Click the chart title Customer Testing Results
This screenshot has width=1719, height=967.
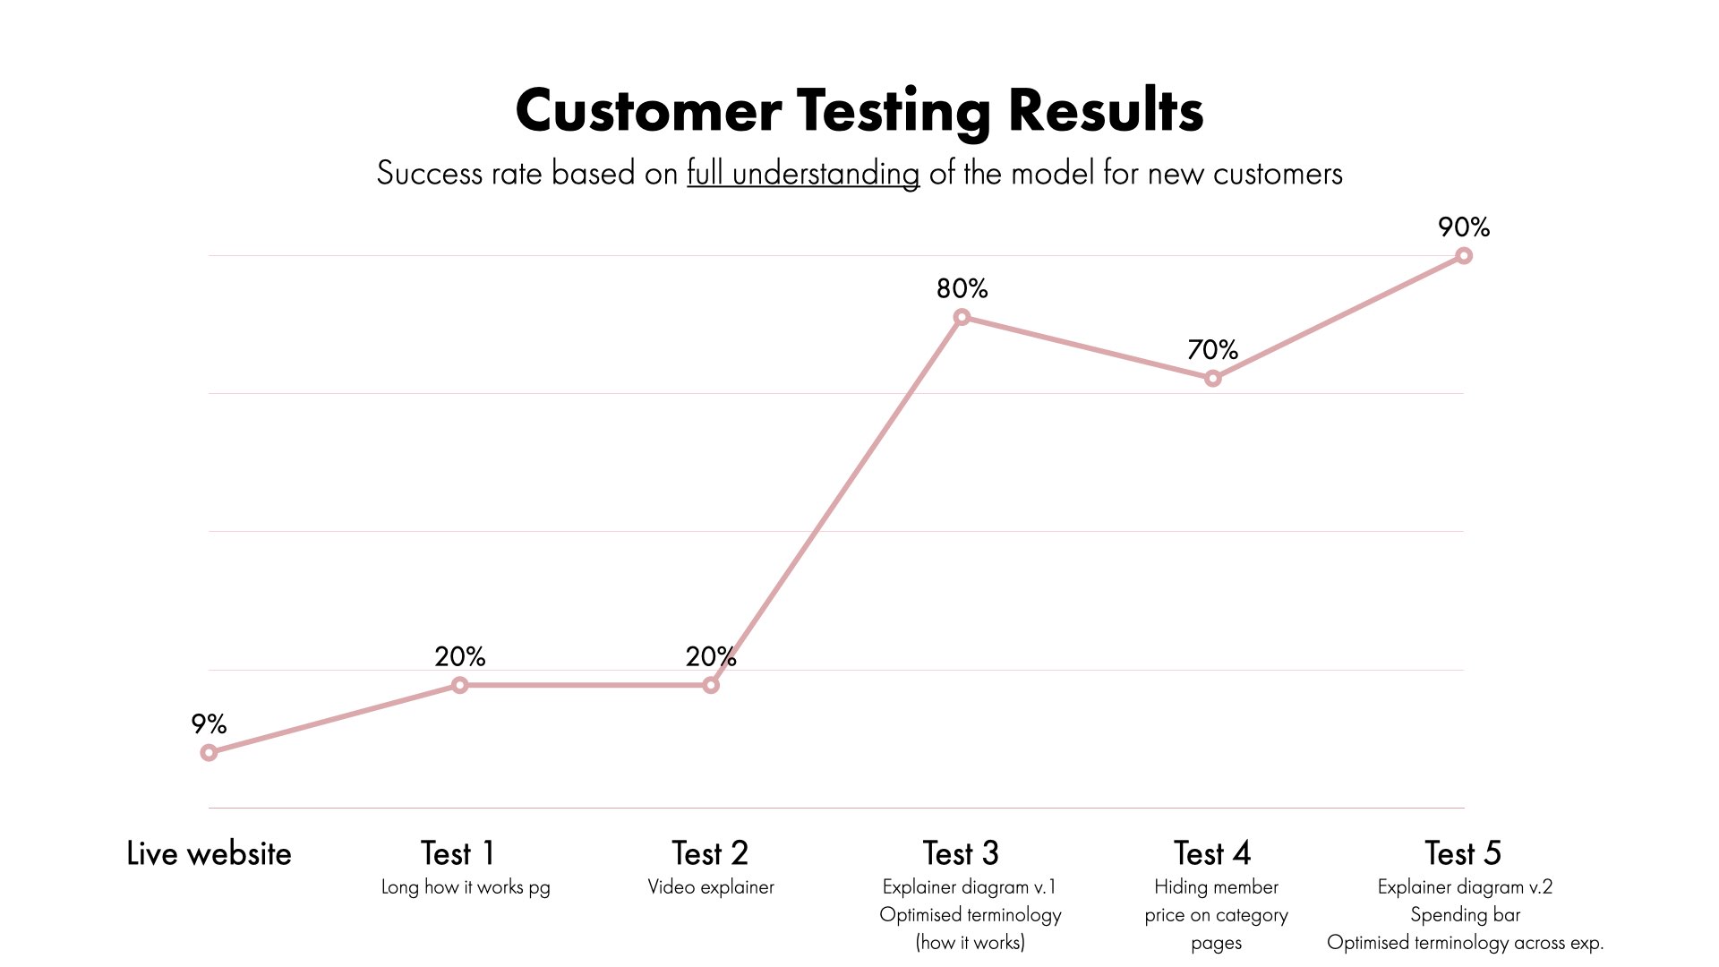tap(859, 111)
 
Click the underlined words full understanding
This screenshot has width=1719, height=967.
tap(803, 174)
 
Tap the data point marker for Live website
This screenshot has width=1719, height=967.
tap(209, 753)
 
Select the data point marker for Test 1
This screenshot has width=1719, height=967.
tap(460, 685)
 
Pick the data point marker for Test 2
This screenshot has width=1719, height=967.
tap(711, 685)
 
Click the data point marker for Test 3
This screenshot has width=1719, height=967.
tap(962, 317)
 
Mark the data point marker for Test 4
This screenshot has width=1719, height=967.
tap(1213, 379)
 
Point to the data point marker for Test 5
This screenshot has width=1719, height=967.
tap(1464, 256)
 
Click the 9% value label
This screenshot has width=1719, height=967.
tap(209, 723)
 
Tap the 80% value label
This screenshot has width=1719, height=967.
tap(962, 288)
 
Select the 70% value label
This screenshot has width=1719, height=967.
tap(1213, 349)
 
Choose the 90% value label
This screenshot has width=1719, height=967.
tap(1464, 227)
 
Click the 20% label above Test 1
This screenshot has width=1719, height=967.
tap(460, 656)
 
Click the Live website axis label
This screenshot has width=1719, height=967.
tap(209, 853)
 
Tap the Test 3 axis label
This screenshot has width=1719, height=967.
tap(961, 853)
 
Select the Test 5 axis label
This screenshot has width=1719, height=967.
tap(1463, 853)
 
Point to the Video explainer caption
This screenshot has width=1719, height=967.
tap(711, 886)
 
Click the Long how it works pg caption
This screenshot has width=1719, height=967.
tap(466, 887)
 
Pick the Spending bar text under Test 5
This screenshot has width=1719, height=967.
tap(1466, 915)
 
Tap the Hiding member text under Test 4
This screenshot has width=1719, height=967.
tap(1216, 887)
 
